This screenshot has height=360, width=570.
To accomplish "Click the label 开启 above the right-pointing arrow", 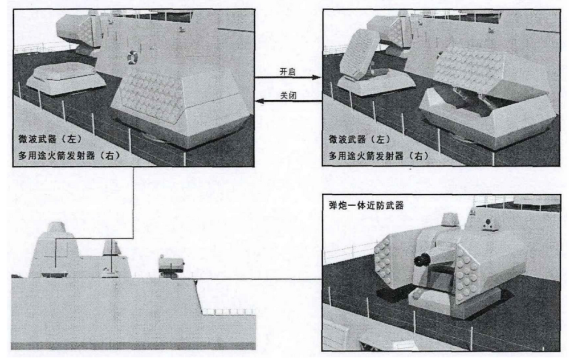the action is pyautogui.click(x=287, y=72).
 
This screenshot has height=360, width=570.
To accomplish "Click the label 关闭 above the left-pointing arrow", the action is pyautogui.click(x=287, y=96).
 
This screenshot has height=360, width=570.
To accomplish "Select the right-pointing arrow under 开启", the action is pyautogui.click(x=288, y=77).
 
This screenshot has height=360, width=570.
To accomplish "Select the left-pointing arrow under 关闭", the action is pyautogui.click(x=288, y=101).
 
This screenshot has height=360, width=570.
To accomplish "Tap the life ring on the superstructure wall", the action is pyautogui.click(x=132, y=58).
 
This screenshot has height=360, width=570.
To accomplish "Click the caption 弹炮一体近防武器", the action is pyautogui.click(x=366, y=206).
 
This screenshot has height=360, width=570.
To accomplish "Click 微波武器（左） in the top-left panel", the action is pyautogui.click(x=50, y=139).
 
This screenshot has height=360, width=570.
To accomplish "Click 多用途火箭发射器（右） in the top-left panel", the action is pyautogui.click(x=69, y=156).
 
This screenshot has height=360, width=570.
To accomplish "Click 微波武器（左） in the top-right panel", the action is pyautogui.click(x=360, y=139).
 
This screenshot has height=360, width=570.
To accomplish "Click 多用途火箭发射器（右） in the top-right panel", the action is pyautogui.click(x=379, y=156).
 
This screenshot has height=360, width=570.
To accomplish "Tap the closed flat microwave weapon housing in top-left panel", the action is pyautogui.click(x=66, y=79).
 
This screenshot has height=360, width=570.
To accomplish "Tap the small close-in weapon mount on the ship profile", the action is pyautogui.click(x=171, y=265).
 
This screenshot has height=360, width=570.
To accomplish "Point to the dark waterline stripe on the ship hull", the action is pyautogui.click(x=133, y=345).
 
